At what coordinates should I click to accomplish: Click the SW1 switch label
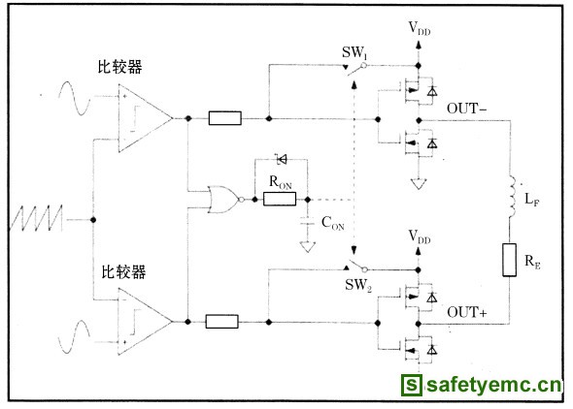click(x=354, y=52)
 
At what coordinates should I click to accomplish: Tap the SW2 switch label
click(x=358, y=285)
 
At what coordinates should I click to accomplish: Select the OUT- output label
click(x=467, y=109)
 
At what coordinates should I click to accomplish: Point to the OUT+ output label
click(x=467, y=312)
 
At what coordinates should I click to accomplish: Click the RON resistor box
click(x=280, y=199)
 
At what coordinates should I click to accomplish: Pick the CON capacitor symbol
click(x=307, y=221)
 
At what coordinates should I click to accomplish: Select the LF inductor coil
click(x=511, y=197)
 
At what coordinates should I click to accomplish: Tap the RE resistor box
click(x=510, y=260)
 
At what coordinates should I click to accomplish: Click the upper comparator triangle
click(x=145, y=118)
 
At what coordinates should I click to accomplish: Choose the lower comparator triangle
click(x=145, y=321)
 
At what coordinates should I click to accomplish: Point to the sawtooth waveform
click(x=36, y=218)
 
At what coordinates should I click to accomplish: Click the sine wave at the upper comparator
click(x=74, y=99)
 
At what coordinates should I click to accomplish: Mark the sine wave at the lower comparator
click(x=74, y=337)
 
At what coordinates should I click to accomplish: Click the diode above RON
click(x=282, y=159)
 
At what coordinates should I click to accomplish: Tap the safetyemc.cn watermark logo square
click(x=412, y=385)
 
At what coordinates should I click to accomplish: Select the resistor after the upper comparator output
click(x=224, y=118)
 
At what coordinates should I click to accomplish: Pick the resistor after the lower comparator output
click(x=221, y=322)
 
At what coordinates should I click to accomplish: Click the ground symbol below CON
click(x=307, y=247)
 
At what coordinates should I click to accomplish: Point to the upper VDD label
click(x=420, y=28)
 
